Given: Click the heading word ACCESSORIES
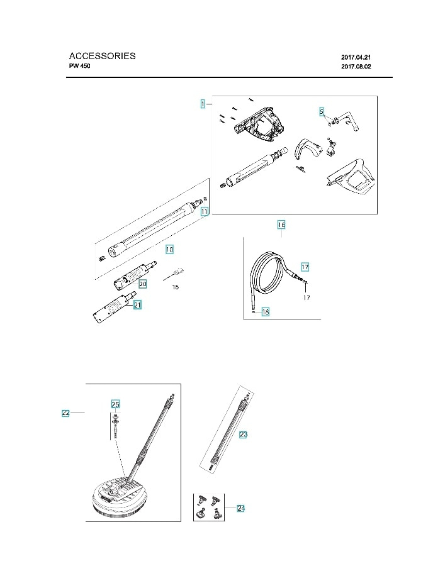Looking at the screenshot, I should [x=102, y=56].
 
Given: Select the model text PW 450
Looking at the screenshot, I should [x=81, y=66].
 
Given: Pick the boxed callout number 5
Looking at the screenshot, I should [x=321, y=112].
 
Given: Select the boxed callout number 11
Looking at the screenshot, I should [x=205, y=213].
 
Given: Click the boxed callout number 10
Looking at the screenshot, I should [x=169, y=250].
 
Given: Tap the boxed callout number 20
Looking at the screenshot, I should [x=143, y=284].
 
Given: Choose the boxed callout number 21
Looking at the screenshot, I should [x=137, y=304].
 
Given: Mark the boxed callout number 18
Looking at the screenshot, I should [x=266, y=312].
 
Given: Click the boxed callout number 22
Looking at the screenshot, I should [x=65, y=413].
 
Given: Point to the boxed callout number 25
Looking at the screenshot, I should [x=115, y=404].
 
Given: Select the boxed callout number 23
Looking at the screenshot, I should [x=244, y=434].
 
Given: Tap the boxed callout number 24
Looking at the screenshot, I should [x=240, y=508].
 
